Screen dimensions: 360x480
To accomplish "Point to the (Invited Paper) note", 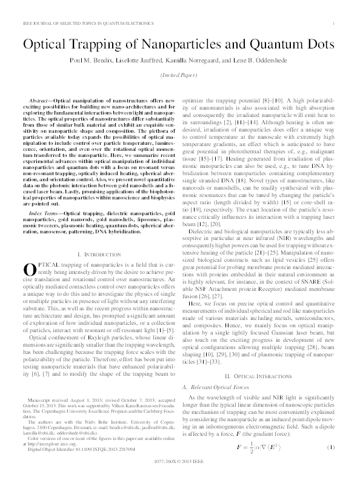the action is coord(179,78).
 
